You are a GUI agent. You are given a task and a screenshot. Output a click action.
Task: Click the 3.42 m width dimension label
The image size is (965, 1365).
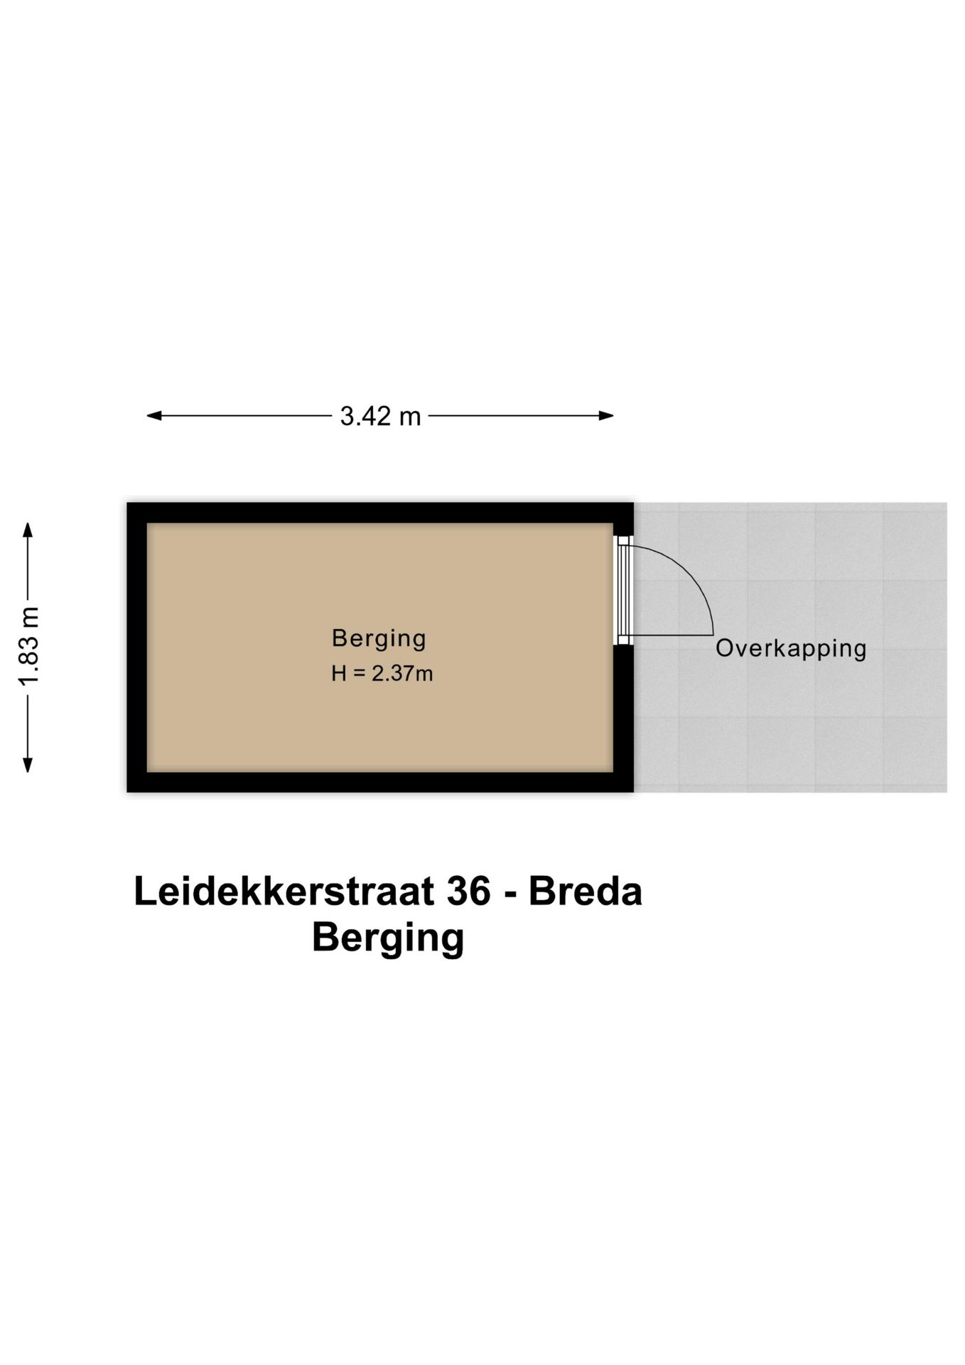(x=380, y=416)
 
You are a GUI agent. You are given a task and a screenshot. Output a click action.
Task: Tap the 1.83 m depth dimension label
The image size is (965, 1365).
(x=29, y=646)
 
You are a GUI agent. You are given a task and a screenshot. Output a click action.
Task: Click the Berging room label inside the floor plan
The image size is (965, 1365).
(x=379, y=638)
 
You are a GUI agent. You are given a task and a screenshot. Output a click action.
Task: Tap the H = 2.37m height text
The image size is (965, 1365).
(x=382, y=673)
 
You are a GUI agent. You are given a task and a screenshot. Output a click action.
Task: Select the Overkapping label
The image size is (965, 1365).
(x=790, y=648)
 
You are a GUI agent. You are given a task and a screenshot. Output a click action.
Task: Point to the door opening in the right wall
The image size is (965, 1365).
(x=623, y=590)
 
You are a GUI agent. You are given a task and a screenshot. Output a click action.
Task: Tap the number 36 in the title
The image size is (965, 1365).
(x=468, y=892)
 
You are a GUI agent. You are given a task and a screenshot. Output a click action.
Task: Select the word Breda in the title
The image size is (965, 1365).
(x=585, y=892)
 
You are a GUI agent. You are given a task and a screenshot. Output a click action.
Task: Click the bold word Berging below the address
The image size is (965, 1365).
(x=388, y=938)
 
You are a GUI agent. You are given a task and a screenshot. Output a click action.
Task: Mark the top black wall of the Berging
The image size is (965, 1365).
(x=379, y=513)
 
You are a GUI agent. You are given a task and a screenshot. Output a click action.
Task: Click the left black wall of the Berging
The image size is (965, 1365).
(x=137, y=647)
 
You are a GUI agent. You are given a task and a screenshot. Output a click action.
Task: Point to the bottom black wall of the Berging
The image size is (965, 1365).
(x=379, y=782)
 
